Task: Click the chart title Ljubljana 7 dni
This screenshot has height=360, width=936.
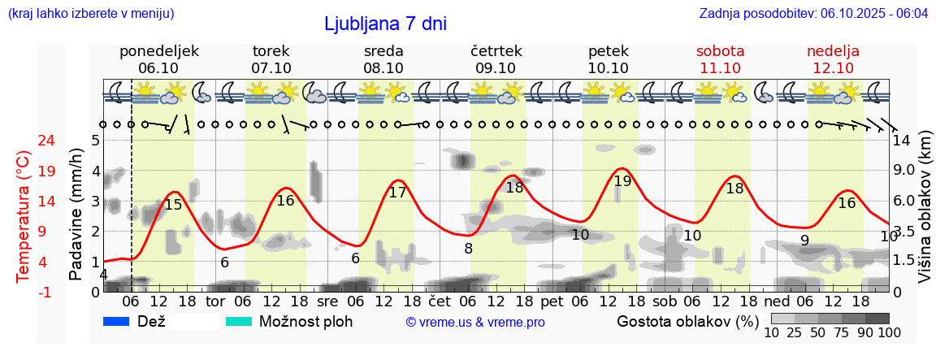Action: [x=385, y=24]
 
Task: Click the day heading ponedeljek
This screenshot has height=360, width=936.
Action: [x=158, y=51]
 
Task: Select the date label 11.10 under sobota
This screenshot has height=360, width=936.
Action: [x=720, y=68]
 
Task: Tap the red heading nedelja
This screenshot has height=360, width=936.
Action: [x=833, y=51]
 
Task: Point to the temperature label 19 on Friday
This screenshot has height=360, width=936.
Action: [x=622, y=181]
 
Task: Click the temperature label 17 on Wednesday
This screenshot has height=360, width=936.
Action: [x=397, y=193]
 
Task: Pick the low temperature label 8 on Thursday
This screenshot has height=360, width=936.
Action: [x=468, y=249]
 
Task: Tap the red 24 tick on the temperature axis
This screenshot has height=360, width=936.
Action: [x=24, y=140]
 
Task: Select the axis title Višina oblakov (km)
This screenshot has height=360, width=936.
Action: [x=925, y=209]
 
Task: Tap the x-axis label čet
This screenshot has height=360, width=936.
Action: [x=440, y=301]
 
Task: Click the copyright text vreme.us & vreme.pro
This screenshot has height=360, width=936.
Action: [x=475, y=322]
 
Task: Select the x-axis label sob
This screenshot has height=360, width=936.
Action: [x=664, y=301]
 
